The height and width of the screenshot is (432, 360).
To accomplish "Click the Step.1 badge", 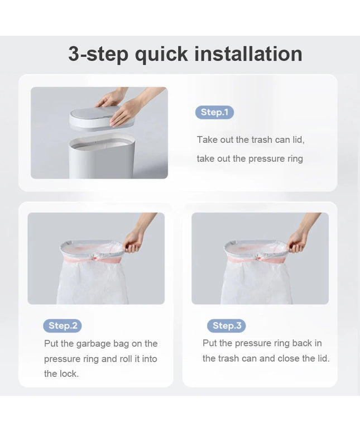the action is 214,112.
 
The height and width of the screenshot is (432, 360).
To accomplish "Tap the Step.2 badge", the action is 63,325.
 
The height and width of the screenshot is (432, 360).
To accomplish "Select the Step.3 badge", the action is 227,325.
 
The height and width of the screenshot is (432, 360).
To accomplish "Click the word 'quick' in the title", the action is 161,54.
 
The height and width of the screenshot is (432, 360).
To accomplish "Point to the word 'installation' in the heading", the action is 248,54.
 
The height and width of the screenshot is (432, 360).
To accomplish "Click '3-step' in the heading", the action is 98,55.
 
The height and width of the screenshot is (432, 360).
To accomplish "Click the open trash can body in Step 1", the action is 102,156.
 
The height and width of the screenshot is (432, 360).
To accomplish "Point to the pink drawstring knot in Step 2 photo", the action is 95,259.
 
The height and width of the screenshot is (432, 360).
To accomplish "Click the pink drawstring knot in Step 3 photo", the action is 258,258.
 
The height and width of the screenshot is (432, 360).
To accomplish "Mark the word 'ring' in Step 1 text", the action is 295,159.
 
